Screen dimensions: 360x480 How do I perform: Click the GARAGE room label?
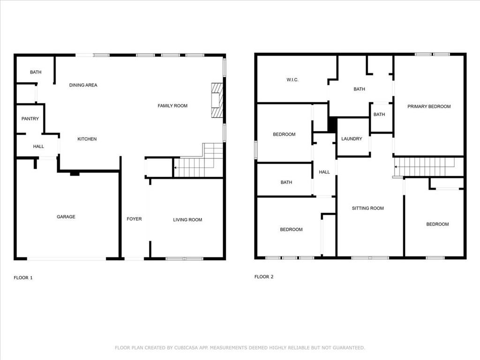tap(66, 217)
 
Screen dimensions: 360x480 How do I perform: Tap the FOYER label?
tap(134, 219)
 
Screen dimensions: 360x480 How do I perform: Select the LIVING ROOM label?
tap(187, 220)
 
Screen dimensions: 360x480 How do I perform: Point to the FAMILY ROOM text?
tap(172, 106)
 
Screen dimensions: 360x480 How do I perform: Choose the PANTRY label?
tap(30, 119)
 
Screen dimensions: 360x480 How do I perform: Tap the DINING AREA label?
tap(83, 85)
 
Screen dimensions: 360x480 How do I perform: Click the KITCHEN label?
tap(87, 139)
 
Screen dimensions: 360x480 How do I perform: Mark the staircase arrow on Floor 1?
tap(175, 167)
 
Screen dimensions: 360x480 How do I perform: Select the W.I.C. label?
tap(292, 80)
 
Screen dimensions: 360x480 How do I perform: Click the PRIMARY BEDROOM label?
tap(429, 107)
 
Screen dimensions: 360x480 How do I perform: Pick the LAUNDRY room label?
tap(352, 139)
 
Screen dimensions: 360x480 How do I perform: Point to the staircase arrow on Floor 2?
tap(396, 167)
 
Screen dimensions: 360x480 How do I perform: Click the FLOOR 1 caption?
tap(23, 278)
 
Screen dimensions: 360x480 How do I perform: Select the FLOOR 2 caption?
tap(264, 277)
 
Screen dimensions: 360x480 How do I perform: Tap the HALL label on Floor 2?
tap(324, 172)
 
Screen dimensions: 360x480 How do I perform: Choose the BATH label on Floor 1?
tap(36, 73)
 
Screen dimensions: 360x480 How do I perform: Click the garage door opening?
tap(66, 258)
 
